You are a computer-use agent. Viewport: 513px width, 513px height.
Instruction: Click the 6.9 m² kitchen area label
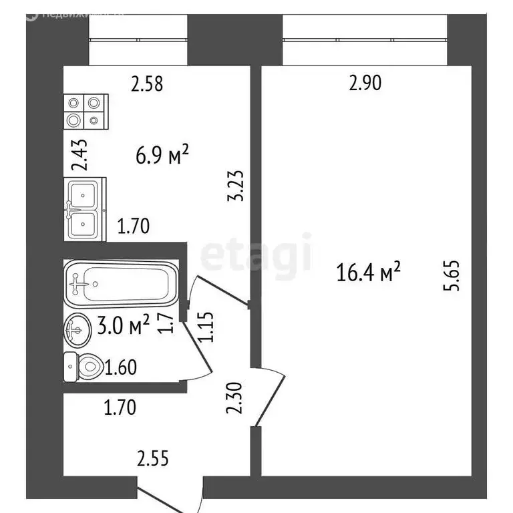click(x=162, y=159)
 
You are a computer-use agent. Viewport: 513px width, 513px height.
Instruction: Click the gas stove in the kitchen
click(x=86, y=111)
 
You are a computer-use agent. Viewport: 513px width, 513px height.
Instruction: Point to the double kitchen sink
click(x=84, y=210)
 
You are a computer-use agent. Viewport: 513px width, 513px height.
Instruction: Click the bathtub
click(x=121, y=283)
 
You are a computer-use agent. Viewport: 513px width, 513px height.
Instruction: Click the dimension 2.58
click(x=147, y=84)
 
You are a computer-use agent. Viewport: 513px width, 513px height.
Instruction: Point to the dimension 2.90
click(x=365, y=84)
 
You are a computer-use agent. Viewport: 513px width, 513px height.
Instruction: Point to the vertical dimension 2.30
click(x=232, y=397)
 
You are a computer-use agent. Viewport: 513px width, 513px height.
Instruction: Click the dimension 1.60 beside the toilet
click(x=122, y=367)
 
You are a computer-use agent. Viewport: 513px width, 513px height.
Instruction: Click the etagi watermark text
click(x=257, y=254)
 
